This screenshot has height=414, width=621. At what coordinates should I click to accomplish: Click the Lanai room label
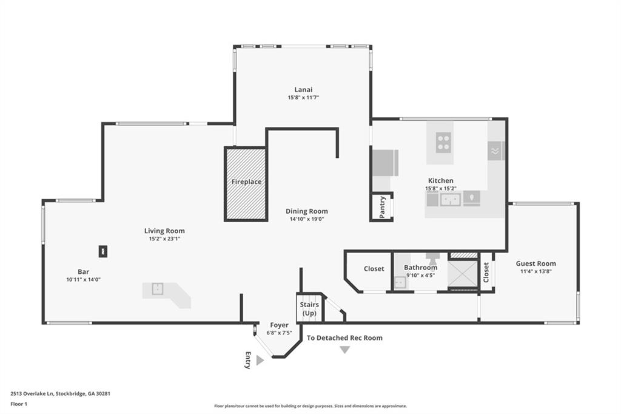[x=303, y=90]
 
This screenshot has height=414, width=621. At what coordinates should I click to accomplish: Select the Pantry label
[x=382, y=207]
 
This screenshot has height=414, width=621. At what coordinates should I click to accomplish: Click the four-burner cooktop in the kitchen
[x=443, y=143]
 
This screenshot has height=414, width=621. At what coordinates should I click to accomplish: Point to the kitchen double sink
[x=451, y=200]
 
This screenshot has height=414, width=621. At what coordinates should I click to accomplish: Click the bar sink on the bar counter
[x=158, y=289]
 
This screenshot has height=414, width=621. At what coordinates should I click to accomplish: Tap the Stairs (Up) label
[x=309, y=309]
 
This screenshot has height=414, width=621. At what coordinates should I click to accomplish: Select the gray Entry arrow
[x=260, y=360]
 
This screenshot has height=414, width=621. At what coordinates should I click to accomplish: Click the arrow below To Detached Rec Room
[x=345, y=350]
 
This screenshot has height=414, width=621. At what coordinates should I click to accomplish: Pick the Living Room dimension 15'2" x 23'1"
[x=164, y=239]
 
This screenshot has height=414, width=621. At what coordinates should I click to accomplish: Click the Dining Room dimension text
[x=307, y=219]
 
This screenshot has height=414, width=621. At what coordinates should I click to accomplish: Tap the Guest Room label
[x=536, y=263]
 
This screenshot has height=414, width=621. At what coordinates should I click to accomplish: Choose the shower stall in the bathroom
[x=462, y=273]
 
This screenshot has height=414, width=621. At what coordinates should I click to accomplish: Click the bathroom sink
[x=400, y=282]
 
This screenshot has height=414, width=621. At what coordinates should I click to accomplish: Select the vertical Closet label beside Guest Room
[x=486, y=273]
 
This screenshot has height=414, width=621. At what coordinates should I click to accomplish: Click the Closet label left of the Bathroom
[x=374, y=269]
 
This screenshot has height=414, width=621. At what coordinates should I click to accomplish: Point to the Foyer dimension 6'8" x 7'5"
[x=279, y=333]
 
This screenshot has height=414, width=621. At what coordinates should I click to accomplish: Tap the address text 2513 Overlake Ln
[x=32, y=394]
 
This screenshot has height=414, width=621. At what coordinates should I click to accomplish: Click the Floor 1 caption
[x=19, y=404]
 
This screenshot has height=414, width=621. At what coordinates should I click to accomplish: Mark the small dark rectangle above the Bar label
[x=103, y=251]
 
